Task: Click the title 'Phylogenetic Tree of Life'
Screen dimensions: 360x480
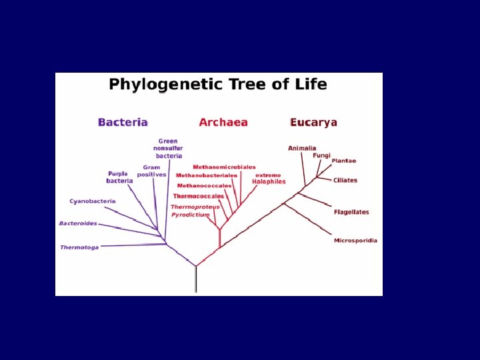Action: pyautogui.click(x=218, y=85)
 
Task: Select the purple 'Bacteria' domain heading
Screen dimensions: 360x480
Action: pyautogui.click(x=123, y=123)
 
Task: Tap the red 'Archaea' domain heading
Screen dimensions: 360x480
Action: pyautogui.click(x=223, y=123)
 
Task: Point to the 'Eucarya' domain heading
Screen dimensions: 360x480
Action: pyautogui.click(x=314, y=123)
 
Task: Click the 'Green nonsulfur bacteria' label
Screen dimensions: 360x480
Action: pyautogui.click(x=168, y=148)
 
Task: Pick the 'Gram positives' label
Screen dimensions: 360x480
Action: pyautogui.click(x=151, y=171)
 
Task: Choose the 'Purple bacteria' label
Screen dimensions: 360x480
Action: pyautogui.click(x=119, y=177)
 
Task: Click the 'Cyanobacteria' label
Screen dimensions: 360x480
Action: pyautogui.click(x=93, y=201)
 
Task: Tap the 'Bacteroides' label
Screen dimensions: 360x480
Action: pyautogui.click(x=79, y=223)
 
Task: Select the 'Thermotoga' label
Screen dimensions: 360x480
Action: pyautogui.click(x=79, y=247)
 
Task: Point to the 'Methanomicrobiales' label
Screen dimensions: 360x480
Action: pyautogui.click(x=224, y=167)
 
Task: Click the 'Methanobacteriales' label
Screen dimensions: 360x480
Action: pyautogui.click(x=207, y=175)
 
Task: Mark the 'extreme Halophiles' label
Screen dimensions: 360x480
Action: pyautogui.click(x=269, y=178)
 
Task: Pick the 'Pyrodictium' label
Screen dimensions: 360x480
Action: pyautogui.click(x=191, y=215)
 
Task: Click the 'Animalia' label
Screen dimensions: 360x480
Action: pyautogui.click(x=302, y=148)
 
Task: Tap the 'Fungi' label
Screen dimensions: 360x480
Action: pyautogui.click(x=322, y=155)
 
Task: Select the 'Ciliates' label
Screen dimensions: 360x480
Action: pyautogui.click(x=345, y=180)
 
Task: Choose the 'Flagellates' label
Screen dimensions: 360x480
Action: pyautogui.click(x=351, y=212)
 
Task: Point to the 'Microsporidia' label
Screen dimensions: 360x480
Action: pyautogui.click(x=355, y=240)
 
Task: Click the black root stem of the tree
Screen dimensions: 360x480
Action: pyautogui.click(x=195, y=279)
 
